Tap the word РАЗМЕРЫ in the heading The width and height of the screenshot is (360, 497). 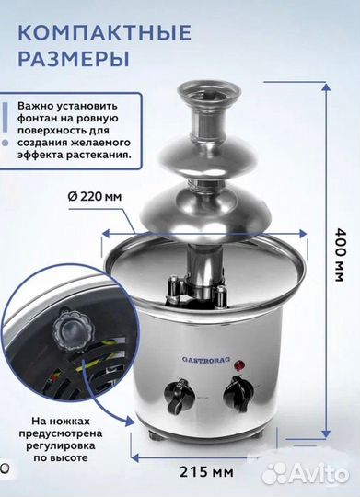(71, 61)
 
